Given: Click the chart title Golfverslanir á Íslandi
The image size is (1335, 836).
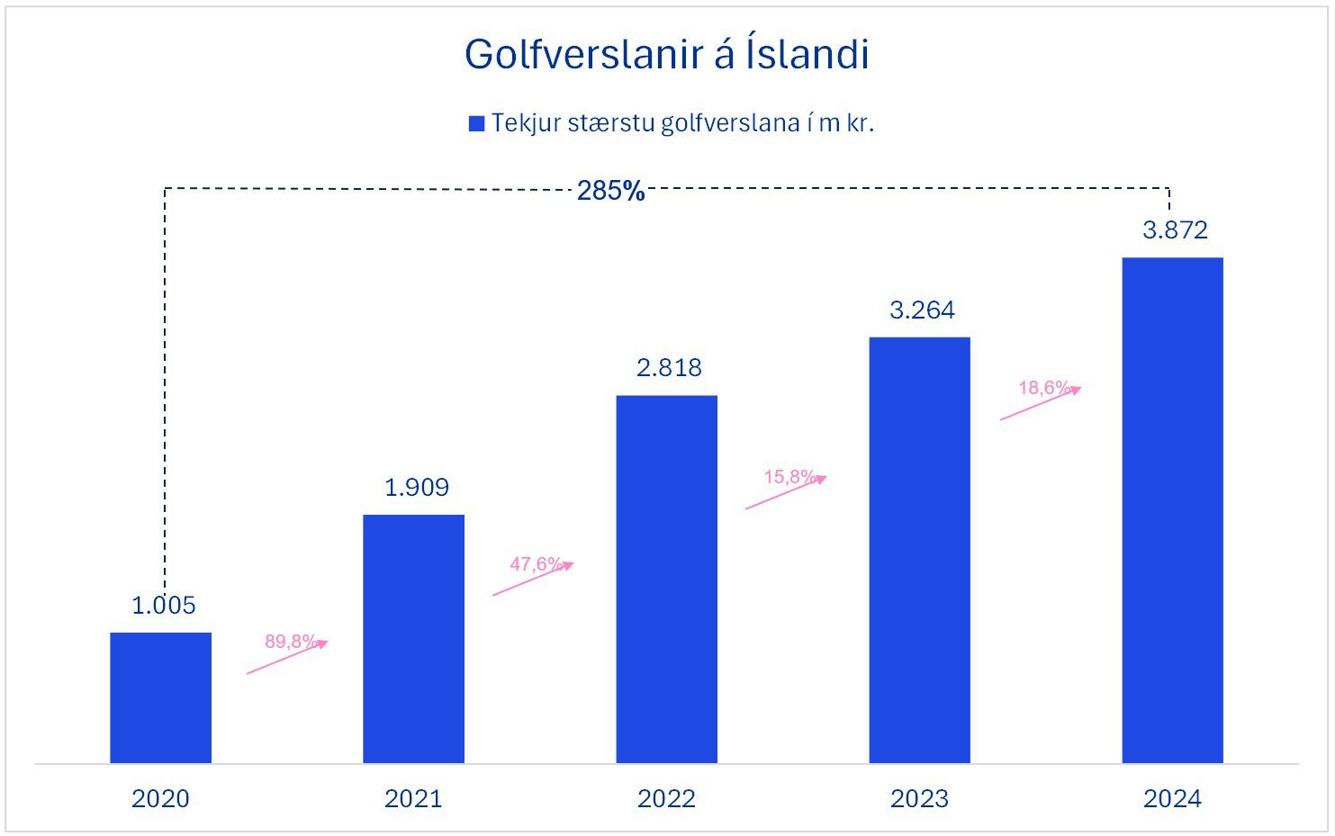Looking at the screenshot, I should coord(666,55).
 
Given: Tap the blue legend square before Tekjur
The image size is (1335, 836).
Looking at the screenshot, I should coord(477,124).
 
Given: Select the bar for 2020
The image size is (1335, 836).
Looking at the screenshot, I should coord(161,697).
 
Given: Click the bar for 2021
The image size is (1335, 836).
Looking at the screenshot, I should coord(413,639).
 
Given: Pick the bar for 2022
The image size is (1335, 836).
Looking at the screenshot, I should coord(666,579).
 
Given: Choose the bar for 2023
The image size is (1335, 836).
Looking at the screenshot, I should coord(919,550).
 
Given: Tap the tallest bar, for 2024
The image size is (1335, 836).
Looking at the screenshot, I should coord(1172,510).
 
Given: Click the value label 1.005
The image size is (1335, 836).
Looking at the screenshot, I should coord(163,606).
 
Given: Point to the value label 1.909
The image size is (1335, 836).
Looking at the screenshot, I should coord(416,488).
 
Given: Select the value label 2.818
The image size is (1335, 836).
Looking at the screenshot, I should coord(668,368).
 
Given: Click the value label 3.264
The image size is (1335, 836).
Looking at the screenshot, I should coord(922,310).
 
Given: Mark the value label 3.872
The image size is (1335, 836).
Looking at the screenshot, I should coord(1175,230).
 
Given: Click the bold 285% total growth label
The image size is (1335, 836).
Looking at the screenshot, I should coord(610,191).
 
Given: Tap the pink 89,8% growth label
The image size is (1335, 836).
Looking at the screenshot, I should coord(291,642).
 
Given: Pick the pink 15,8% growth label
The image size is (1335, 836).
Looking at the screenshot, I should coord(790,477).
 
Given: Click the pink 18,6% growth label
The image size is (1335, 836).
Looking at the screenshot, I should coord(1045,388).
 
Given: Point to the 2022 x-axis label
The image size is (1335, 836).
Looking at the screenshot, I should coord(666,799).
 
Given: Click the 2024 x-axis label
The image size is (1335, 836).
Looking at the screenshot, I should coord(1172,799).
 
